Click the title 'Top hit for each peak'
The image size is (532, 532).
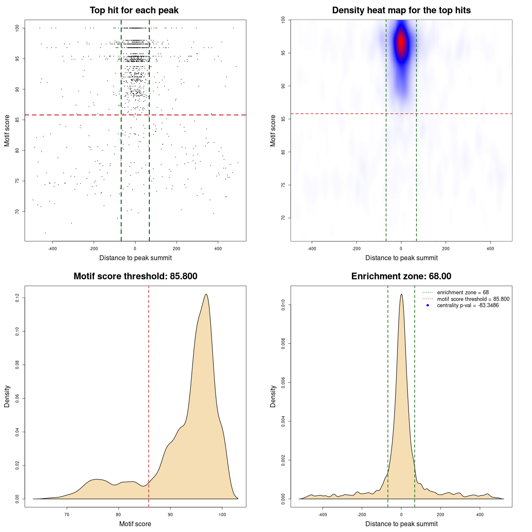[134, 10]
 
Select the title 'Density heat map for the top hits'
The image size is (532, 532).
[401, 10]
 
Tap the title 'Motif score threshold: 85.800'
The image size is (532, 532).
[135, 276]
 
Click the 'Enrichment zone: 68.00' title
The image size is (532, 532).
[401, 276]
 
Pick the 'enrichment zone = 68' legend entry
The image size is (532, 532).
[463, 293]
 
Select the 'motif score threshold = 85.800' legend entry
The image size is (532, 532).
[473, 299]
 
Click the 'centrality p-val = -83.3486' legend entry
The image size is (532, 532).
[468, 305]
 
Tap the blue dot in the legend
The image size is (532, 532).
[428, 305]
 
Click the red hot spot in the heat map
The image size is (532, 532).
[401, 42]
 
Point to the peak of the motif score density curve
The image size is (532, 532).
[206, 295]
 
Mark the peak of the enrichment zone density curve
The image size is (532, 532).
[401, 294]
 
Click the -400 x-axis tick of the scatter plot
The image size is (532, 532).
[52, 249]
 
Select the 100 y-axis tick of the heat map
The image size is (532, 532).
[283, 20]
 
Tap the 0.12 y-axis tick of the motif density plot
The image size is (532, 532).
[17, 298]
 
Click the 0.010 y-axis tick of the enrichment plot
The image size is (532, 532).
[283, 305]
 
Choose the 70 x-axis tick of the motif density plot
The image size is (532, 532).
[67, 515]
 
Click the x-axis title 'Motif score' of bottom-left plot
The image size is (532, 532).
[135, 524]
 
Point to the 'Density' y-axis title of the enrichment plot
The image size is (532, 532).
[273, 396]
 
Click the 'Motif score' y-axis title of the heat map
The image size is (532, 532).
[273, 131]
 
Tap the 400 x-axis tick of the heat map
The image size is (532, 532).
[490, 249]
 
